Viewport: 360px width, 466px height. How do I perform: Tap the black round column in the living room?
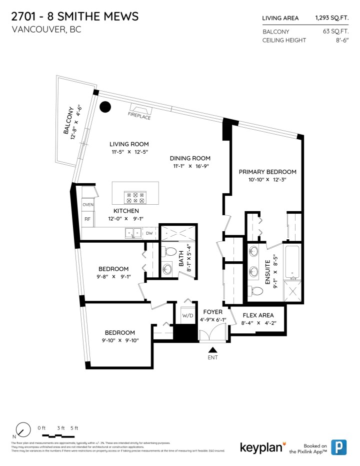pyautogui.click(x=105, y=107)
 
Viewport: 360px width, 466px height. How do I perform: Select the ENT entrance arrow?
pyautogui.click(x=213, y=351)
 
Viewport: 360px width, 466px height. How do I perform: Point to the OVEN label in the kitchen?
pyautogui.click(x=88, y=205)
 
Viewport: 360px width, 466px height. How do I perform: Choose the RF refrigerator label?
pyautogui.click(x=87, y=219)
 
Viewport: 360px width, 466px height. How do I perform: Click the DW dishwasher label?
pyautogui.click(x=149, y=233)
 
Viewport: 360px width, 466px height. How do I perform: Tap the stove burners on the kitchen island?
pyautogui.click(x=134, y=197)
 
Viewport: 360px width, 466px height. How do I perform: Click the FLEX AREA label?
pyautogui.click(x=257, y=316)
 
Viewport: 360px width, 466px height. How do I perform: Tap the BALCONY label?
pyautogui.click(x=68, y=121)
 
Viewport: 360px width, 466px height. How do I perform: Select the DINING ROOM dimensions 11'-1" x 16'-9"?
pyautogui.click(x=190, y=166)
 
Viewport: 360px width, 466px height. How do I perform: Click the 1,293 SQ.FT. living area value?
pyautogui.click(x=331, y=18)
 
